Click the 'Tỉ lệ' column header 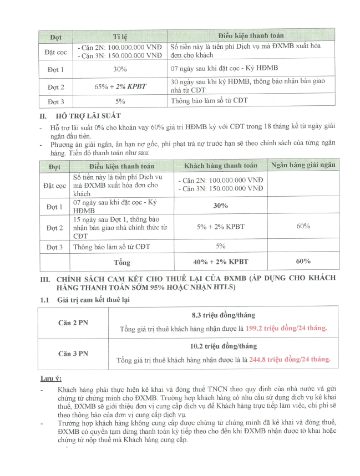coord(120,37)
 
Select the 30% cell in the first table coord(120,69)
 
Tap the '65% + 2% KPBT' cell coord(120,86)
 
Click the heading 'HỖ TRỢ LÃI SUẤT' coord(90,116)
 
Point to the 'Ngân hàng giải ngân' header coord(303,165)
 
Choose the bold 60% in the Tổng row coord(303,262)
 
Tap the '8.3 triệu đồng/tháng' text coord(223,315)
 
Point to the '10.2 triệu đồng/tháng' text coord(223,346)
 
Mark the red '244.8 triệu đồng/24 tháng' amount coord(290,360)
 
